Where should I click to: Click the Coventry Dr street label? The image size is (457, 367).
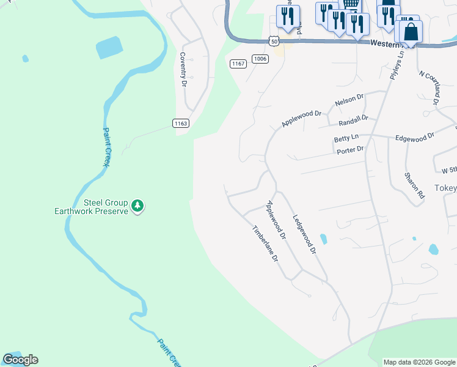[x=183, y=69]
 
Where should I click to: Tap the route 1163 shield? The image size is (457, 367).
[x=181, y=123]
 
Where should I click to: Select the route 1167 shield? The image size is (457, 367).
[x=238, y=64]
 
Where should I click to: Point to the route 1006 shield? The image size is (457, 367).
[x=260, y=59]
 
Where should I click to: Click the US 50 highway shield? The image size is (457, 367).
[x=274, y=40]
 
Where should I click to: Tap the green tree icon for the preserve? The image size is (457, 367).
[x=138, y=207]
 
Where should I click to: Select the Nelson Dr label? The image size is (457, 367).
[x=349, y=98]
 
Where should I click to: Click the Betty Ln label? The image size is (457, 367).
[x=346, y=139]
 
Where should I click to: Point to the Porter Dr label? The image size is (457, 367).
[x=349, y=149]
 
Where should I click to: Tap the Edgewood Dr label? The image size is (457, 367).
[x=414, y=138]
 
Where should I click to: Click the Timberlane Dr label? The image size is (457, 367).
[x=266, y=243]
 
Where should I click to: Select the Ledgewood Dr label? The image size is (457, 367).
[x=304, y=234]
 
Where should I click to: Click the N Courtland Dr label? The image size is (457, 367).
[x=430, y=87]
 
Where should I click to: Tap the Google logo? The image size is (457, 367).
[x=20, y=360]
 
